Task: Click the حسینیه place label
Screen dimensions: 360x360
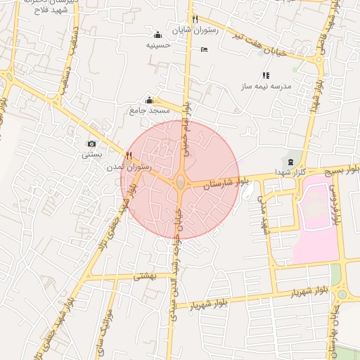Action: tap(157, 45)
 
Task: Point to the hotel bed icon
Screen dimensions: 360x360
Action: tap(204, 49)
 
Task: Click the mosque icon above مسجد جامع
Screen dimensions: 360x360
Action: tap(148, 101)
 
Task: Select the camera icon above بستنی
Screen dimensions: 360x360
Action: tap(91, 143)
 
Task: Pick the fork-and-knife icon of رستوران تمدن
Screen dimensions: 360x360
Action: tap(129, 155)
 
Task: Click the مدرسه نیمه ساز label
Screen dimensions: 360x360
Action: tap(266, 86)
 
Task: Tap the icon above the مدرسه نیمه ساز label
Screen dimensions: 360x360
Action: tap(266, 75)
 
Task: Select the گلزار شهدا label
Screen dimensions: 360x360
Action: tap(290, 174)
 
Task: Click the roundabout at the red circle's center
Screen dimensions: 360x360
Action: tap(180, 182)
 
